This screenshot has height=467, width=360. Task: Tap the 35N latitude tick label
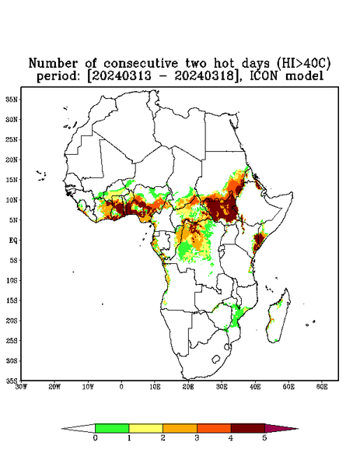coord(12,99)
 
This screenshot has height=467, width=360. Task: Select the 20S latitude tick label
coord(12,321)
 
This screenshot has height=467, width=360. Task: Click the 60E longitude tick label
coord(322,387)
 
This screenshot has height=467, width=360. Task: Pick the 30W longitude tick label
coord(21,387)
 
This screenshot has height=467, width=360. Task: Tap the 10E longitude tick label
coord(155,387)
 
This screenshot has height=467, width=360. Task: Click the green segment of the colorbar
coord(112,428)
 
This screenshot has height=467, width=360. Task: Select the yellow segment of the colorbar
coord(145,428)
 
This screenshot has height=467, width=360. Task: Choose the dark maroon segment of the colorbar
coord(248,428)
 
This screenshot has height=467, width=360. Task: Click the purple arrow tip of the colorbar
coord(280,428)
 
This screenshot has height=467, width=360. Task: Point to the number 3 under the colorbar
coord(197,438)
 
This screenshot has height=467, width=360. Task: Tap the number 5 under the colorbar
coord(265,438)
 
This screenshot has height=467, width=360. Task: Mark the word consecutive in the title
coord(142,63)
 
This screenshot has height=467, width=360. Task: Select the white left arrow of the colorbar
coord(79,428)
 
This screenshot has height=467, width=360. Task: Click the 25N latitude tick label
coord(12,139)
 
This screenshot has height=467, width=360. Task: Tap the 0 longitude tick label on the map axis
coord(121,387)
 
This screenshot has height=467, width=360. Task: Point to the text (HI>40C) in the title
coord(303,63)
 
